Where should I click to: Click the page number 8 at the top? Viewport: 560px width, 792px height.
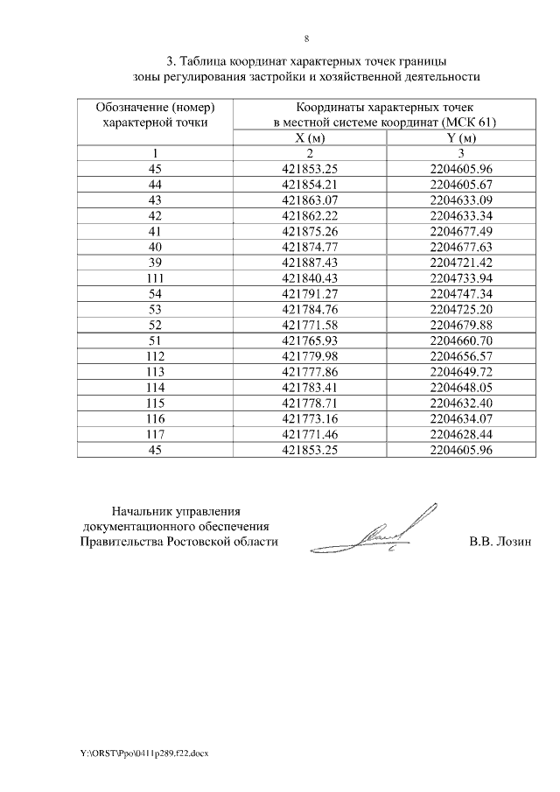tap(306, 39)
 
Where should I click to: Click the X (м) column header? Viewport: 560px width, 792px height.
tap(311, 138)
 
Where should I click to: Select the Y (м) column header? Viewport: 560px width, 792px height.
tap(462, 138)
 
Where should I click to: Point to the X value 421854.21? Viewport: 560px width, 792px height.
tap(311, 184)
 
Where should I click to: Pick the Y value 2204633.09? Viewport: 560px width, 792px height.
tap(462, 200)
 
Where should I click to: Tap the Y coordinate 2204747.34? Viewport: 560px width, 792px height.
tap(462, 293)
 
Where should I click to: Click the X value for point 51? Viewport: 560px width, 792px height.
tap(311, 340)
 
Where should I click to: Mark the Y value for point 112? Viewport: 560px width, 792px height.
tap(462, 356)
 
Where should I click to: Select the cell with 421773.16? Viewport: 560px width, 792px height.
tap(311, 419)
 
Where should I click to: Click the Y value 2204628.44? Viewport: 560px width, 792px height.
tap(462, 435)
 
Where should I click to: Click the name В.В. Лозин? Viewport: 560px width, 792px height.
tap(500, 542)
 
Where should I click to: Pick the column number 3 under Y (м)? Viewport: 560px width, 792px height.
tap(462, 153)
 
